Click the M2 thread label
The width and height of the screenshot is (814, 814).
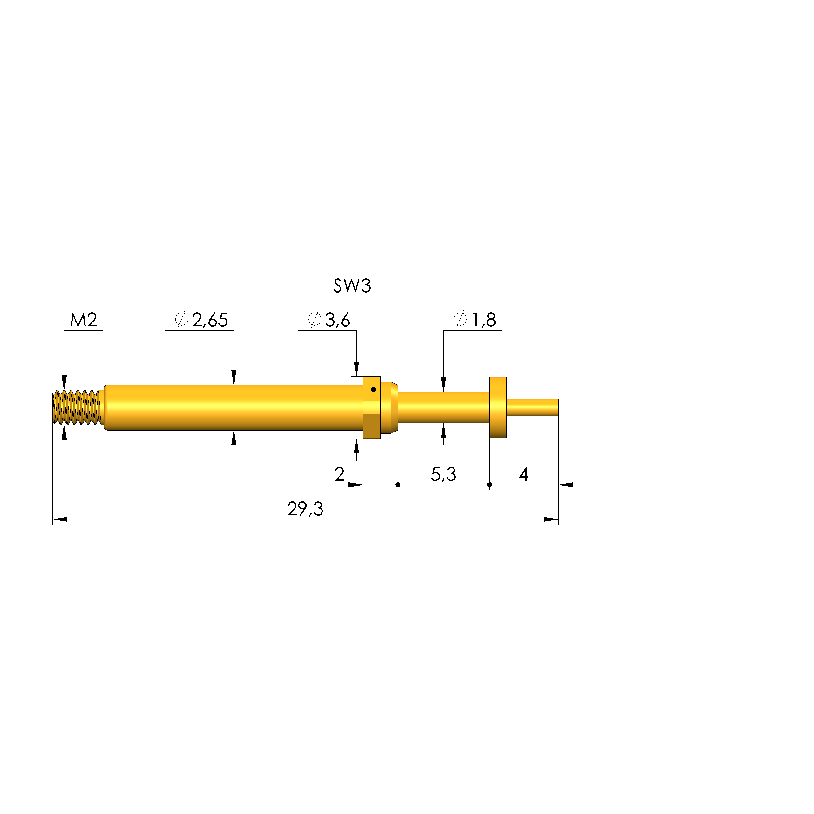pyautogui.click(x=84, y=320)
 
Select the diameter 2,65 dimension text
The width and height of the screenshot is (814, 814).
pyautogui.click(x=202, y=320)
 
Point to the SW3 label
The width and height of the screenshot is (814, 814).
pyautogui.click(x=352, y=286)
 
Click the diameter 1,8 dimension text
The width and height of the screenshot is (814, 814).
pyautogui.click(x=475, y=320)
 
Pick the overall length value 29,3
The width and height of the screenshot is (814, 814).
pyautogui.click(x=306, y=509)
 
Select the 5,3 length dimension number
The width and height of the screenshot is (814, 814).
pyautogui.click(x=443, y=474)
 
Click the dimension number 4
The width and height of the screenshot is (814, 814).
pyautogui.click(x=524, y=474)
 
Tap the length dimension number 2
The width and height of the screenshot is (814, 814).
pyautogui.click(x=340, y=474)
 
